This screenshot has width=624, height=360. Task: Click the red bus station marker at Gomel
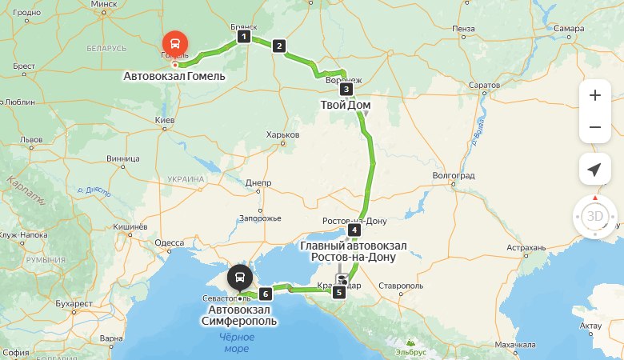click(174, 43)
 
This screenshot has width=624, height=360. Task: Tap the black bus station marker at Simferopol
click(238, 278)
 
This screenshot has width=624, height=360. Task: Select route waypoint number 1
click(244, 37)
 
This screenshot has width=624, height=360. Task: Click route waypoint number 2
click(279, 46)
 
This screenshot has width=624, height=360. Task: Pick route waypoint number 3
click(346, 90)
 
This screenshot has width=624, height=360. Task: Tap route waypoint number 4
click(354, 230)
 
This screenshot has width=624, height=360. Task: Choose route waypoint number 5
click(339, 292)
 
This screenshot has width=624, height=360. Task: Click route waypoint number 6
click(266, 294)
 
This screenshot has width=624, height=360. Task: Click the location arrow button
click(594, 170)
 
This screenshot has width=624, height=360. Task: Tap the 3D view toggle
click(594, 216)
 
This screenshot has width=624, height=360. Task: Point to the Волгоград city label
click(454, 175)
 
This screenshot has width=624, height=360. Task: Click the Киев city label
click(165, 121)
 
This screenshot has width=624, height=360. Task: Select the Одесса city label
click(169, 243)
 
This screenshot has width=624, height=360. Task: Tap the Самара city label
click(569, 29)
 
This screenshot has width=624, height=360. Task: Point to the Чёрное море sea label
click(236, 342)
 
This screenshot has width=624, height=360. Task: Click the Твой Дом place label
click(346, 105)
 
